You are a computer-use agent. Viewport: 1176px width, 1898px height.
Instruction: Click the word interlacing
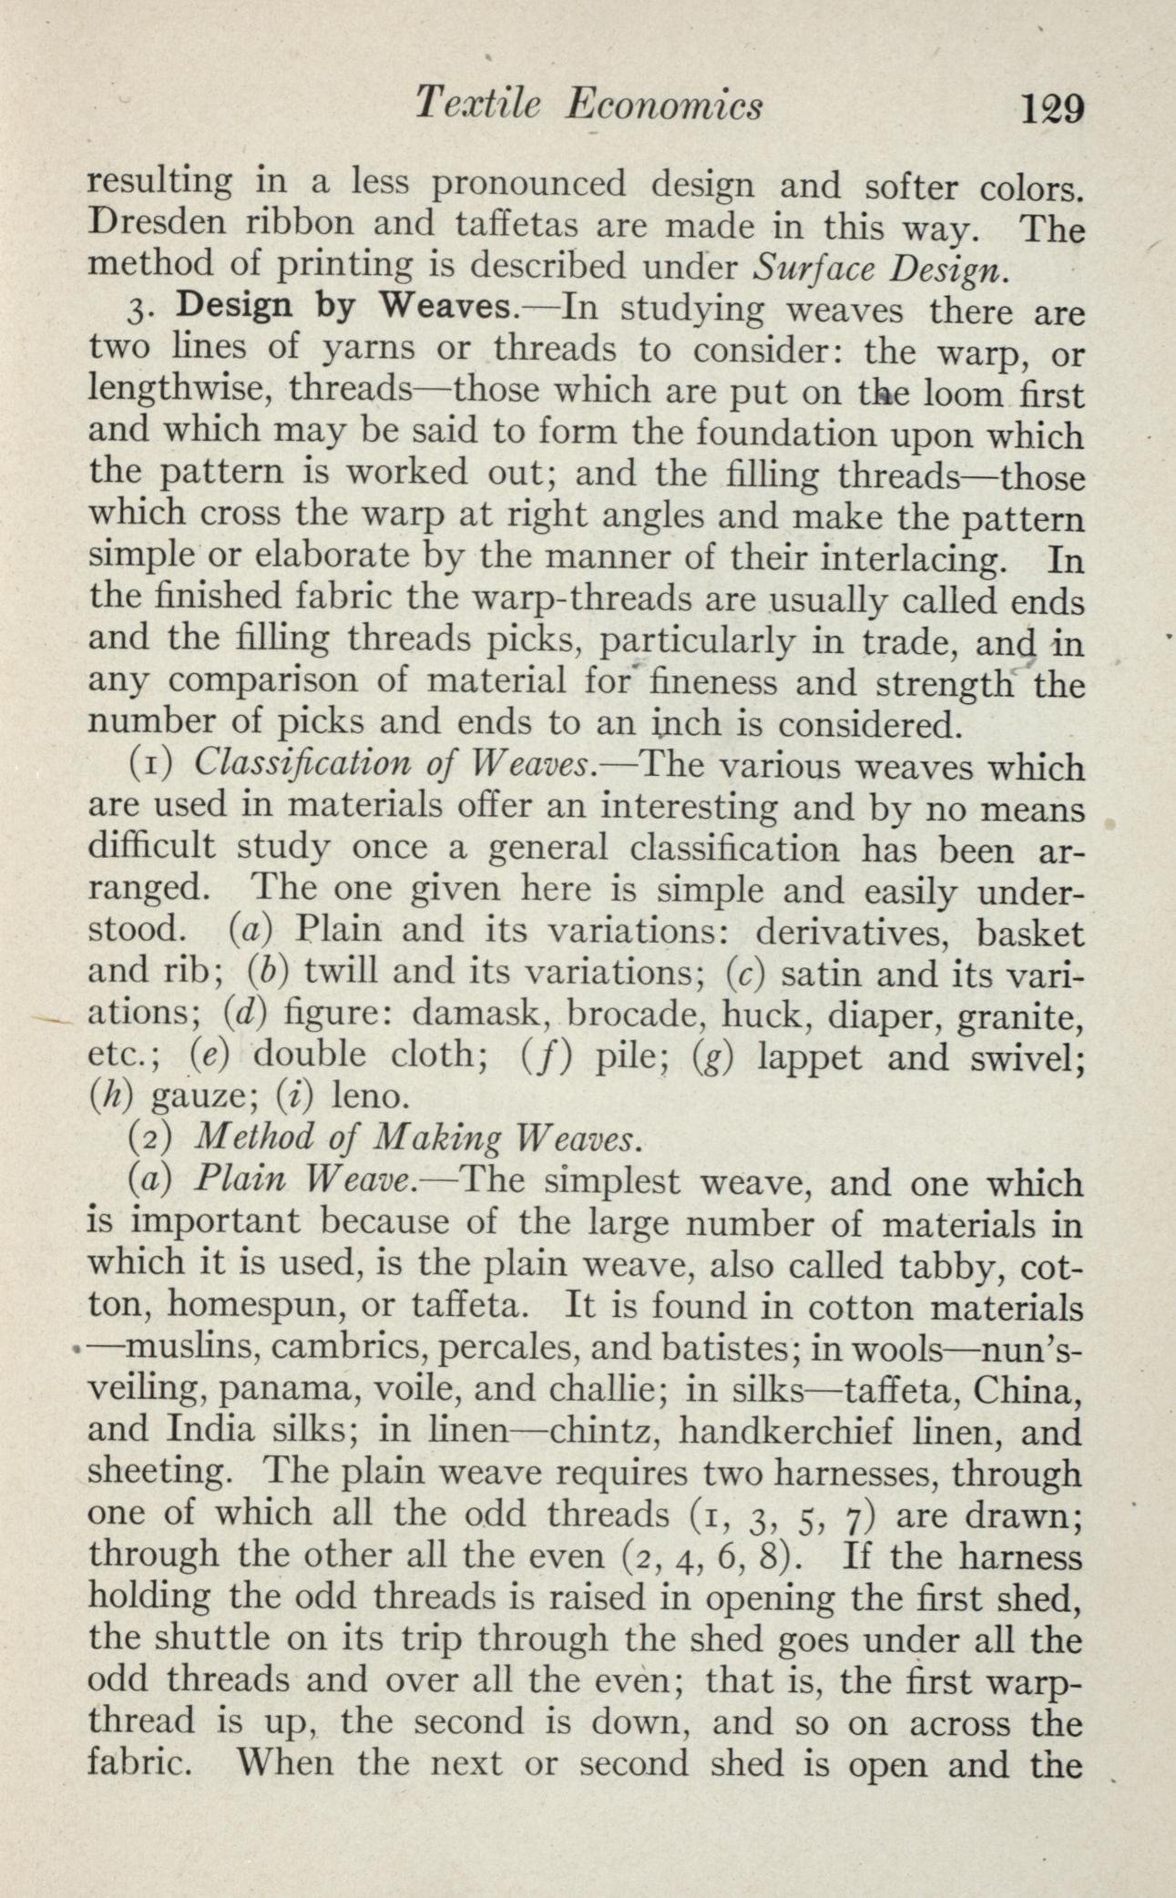click(911, 557)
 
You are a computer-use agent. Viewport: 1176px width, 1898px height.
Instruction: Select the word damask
click(482, 1012)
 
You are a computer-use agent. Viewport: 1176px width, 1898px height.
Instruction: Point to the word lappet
click(809, 1056)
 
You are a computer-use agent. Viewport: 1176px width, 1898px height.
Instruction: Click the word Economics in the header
click(663, 106)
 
